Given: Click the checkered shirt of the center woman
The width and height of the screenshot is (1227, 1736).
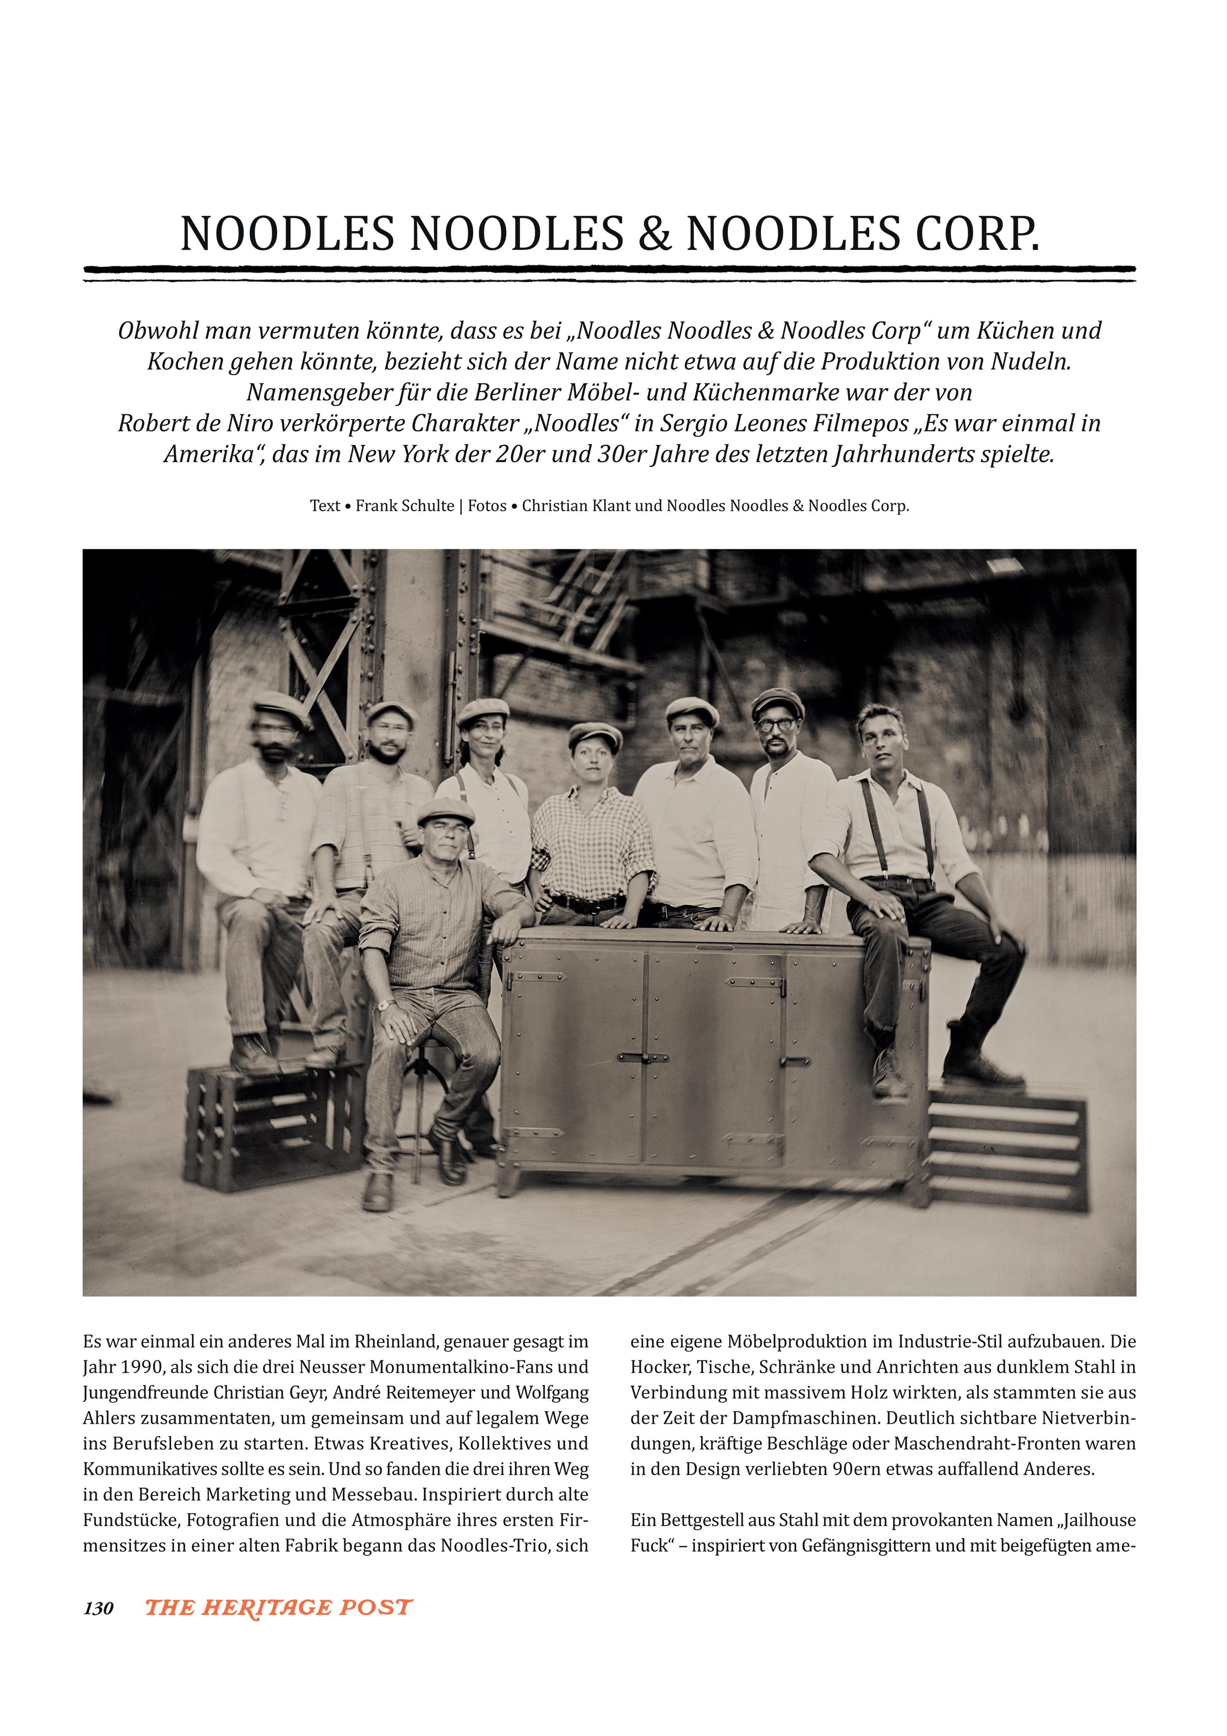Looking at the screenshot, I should pos(590,839).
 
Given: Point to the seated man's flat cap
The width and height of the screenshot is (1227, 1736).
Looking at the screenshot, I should pos(446,811).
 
